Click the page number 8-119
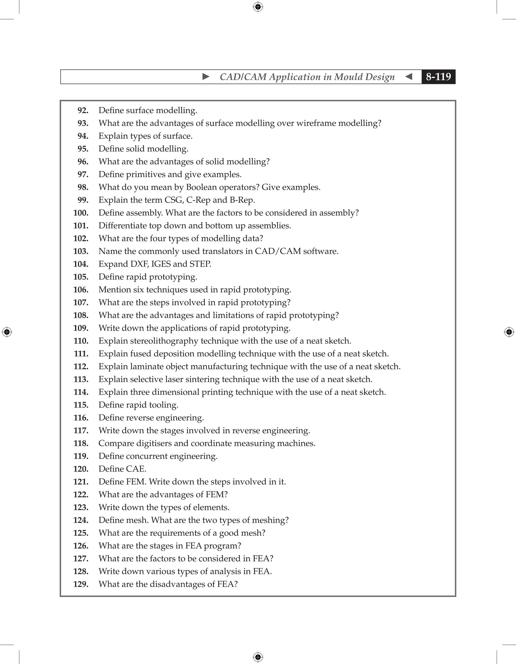[438, 77]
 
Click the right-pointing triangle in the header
[206, 77]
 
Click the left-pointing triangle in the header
[409, 77]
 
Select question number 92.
[83, 110]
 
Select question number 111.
[81, 354]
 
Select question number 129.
[81, 584]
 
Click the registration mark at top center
[258, 7]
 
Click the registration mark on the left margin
[7, 332]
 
